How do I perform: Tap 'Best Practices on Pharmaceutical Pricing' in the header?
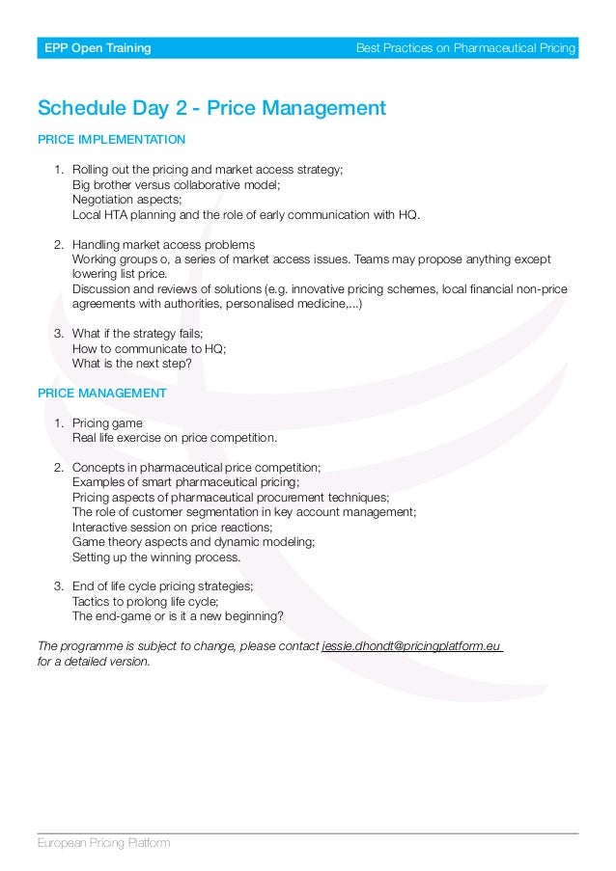click(x=465, y=48)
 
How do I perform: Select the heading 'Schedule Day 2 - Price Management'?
click(x=211, y=108)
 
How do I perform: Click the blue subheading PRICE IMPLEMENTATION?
click(x=111, y=140)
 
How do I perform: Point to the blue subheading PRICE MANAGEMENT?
click(x=101, y=394)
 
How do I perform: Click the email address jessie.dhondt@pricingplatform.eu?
click(x=412, y=645)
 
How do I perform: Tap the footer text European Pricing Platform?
click(x=103, y=843)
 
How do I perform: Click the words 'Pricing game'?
click(x=107, y=422)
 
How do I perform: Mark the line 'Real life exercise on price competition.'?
click(x=175, y=438)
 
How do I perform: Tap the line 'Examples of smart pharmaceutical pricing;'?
click(x=186, y=482)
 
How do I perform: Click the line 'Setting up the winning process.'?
click(x=156, y=557)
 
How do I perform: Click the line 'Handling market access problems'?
click(x=164, y=244)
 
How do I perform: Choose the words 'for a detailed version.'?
click(x=95, y=662)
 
